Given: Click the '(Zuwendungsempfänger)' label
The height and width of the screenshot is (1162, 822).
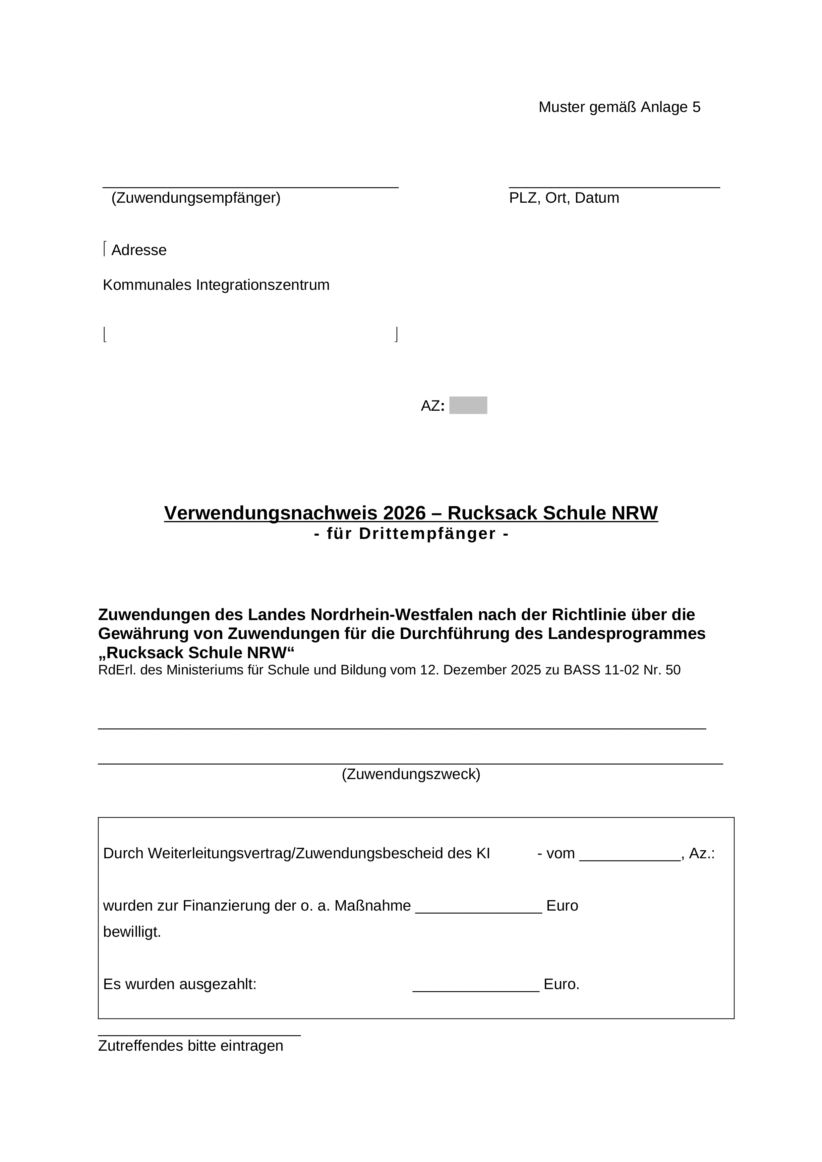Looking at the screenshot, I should pos(196,198).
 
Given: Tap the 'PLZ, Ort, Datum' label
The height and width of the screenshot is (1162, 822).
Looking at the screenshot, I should pos(564,198).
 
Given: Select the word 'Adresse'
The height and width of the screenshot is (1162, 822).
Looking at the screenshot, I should pos(139,250).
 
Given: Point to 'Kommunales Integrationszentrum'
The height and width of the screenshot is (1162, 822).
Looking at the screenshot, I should pos(216,285).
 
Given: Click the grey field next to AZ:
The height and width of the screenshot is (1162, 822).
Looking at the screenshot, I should pos(468,405).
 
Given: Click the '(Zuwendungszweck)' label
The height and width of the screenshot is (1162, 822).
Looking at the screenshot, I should pos(411,774).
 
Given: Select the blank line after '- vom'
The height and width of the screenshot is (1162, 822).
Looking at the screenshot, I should pos(629,854).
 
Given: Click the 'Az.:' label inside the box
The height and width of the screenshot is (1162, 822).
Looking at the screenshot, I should pos(702,854).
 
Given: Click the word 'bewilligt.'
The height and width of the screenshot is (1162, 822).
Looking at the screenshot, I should pos(132,932).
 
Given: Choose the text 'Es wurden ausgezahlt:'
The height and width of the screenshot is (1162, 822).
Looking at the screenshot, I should pos(180,984).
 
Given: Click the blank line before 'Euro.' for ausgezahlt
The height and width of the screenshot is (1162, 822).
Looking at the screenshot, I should pos(476,985).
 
